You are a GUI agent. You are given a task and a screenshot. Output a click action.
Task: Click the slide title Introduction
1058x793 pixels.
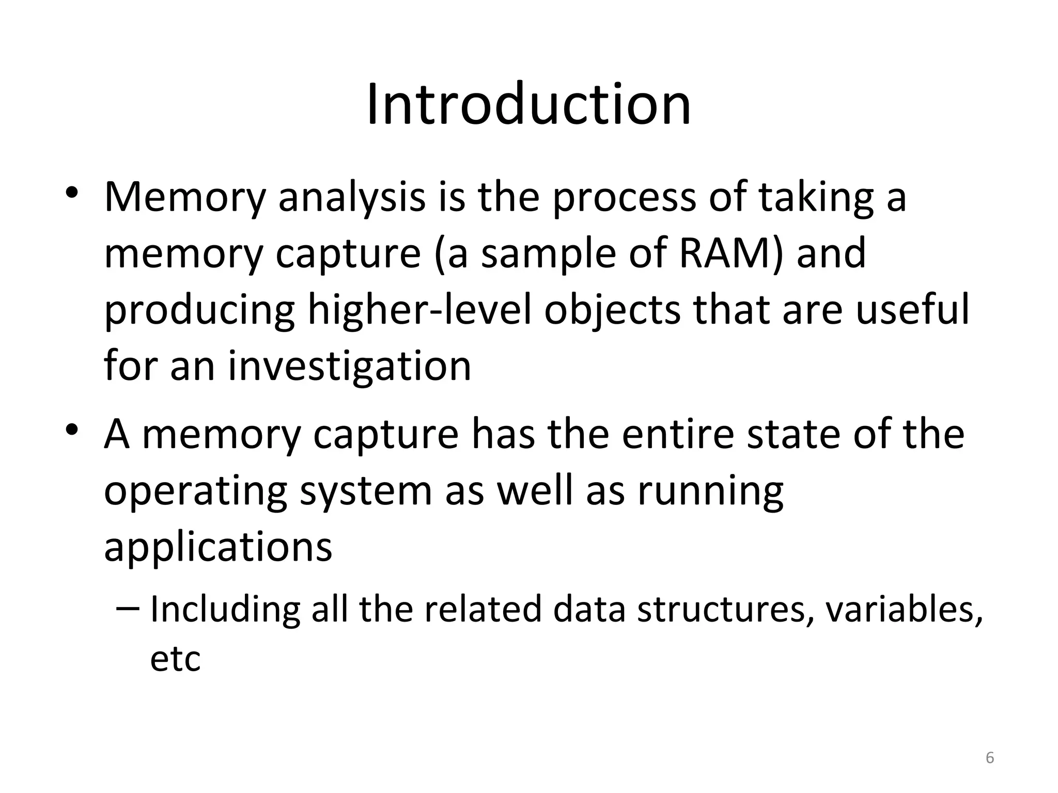(528, 105)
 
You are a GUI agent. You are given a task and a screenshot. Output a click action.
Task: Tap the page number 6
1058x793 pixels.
(989, 757)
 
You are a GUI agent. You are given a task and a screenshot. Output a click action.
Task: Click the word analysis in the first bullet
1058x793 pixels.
(352, 197)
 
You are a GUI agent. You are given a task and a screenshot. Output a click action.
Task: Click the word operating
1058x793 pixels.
(196, 491)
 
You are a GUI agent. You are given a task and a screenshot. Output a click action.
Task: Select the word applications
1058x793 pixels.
(218, 548)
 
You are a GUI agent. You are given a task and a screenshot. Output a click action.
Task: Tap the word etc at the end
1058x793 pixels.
(175, 659)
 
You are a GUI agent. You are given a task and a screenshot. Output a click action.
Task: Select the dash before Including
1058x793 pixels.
(128, 609)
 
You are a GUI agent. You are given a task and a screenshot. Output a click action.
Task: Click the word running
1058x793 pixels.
(711, 491)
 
